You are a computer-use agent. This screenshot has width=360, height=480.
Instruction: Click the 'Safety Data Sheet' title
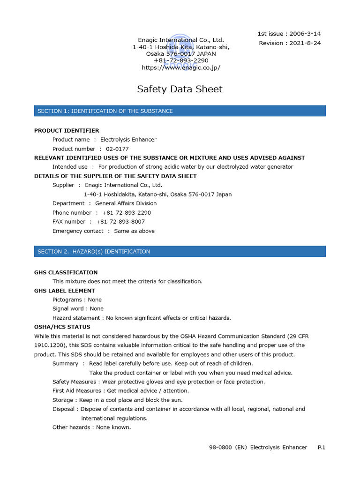(180, 89)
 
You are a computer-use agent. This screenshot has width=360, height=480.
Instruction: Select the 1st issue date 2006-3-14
(305, 34)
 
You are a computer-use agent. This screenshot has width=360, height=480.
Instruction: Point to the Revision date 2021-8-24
(305, 43)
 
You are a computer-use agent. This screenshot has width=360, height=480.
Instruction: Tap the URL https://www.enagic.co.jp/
(181, 67)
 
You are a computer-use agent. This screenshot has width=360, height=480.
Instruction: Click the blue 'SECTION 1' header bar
(180, 111)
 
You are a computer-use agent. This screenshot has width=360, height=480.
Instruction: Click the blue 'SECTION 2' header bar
(180, 252)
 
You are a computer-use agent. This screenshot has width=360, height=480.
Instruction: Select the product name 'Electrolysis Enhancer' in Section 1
(128, 140)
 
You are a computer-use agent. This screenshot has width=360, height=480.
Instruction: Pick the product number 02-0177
(117, 149)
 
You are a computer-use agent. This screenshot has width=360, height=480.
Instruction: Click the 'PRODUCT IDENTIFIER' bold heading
(67, 130)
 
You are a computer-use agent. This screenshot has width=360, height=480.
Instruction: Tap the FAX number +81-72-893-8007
(120, 222)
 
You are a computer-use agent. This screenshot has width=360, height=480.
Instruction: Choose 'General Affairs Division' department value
(126, 203)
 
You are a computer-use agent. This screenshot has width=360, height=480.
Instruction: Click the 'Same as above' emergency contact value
(134, 231)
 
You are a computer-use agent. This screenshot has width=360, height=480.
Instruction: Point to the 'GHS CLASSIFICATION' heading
(66, 272)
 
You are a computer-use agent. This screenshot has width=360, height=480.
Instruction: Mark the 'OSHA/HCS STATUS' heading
(62, 327)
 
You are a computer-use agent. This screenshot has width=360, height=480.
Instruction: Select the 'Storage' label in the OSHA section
(63, 400)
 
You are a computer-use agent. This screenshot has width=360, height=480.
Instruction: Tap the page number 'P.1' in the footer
(321, 448)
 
